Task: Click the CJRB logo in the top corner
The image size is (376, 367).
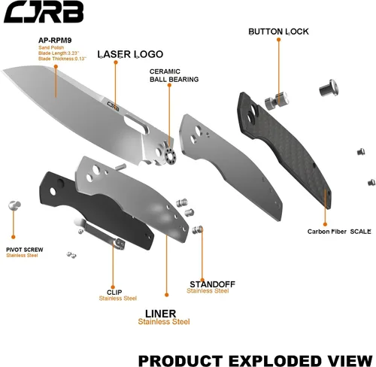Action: tap(44, 12)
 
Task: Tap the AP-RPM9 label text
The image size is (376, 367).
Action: tap(55, 41)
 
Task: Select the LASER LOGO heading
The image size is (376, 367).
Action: tap(130, 54)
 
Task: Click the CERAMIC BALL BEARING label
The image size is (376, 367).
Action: tap(174, 75)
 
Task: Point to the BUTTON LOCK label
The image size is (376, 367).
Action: tap(278, 32)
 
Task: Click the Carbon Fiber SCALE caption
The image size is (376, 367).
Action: tap(339, 232)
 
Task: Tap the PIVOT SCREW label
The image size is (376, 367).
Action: tap(25, 250)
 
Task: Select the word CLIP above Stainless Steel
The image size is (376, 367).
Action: tap(114, 293)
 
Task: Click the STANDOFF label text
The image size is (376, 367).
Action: tap(212, 284)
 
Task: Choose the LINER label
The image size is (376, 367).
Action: tap(161, 314)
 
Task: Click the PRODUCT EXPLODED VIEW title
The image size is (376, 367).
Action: tap(255, 361)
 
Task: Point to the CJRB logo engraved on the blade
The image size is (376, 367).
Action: tap(113, 106)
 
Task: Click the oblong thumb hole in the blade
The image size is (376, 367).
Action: tap(137, 123)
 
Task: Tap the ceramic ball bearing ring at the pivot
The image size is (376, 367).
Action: tap(171, 156)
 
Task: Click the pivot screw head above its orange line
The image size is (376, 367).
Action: tap(14, 205)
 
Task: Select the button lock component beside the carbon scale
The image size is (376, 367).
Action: tap(277, 101)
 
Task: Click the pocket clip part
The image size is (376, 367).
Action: tap(100, 234)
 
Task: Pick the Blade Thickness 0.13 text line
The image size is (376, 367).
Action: tap(62, 59)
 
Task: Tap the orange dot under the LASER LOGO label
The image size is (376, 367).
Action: tap(116, 62)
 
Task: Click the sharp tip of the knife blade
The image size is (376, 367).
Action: tap(2, 71)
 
